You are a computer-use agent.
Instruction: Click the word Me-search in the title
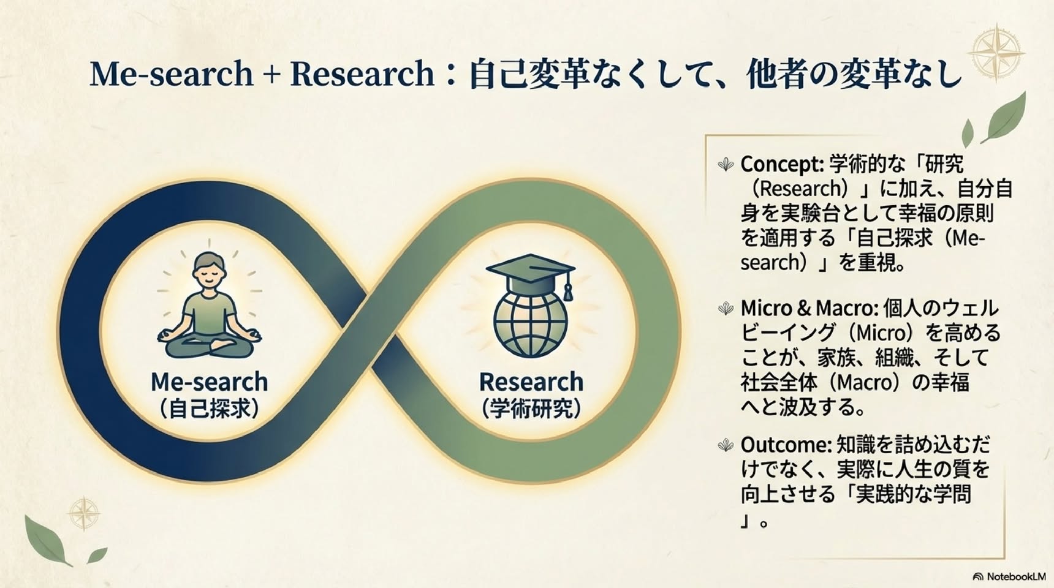(172, 73)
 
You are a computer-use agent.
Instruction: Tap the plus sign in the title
(270, 75)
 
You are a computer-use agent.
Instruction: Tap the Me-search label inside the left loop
(210, 382)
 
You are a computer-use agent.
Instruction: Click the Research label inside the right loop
(531, 382)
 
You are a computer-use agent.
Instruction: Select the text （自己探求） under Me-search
(210, 409)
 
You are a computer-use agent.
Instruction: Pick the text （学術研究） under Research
(531, 409)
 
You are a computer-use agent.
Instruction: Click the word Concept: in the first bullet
(782, 164)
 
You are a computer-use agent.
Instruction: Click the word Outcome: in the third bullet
(786, 444)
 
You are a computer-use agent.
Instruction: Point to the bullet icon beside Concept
(726, 164)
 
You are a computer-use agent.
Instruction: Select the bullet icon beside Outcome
(726, 445)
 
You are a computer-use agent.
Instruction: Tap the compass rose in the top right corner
(998, 53)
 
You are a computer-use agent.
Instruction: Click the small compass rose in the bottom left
(84, 513)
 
